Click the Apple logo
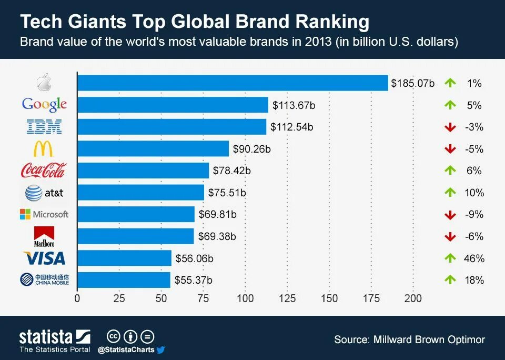(44, 83)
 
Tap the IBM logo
(44, 126)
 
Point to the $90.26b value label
(251, 149)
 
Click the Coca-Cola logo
(44, 171)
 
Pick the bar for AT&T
(140, 193)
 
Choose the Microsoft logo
(44, 214)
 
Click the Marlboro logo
(44, 236)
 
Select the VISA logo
(44, 258)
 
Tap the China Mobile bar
(124, 280)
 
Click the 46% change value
(474, 258)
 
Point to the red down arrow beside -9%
(449, 215)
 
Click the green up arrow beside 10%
(449, 193)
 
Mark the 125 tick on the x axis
(287, 298)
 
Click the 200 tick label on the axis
(413, 298)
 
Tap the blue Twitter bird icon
(161, 349)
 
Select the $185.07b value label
(412, 83)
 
